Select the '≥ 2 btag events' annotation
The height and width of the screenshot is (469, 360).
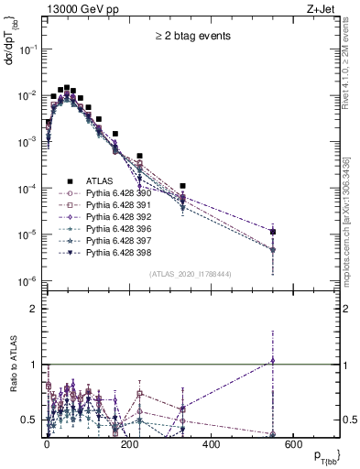[191, 36]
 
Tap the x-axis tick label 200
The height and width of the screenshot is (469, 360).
[129, 444]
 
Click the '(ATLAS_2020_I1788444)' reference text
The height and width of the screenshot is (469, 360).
[191, 274]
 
